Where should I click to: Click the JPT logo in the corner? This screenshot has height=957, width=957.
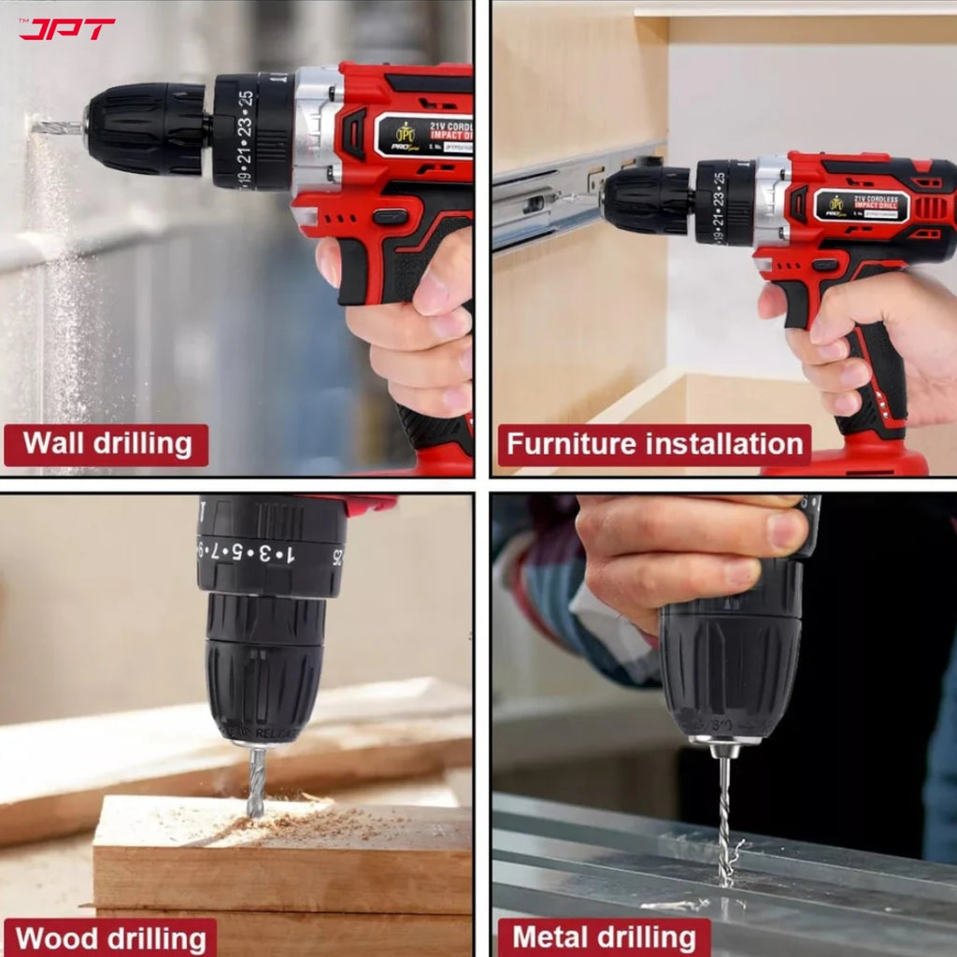point(66,29)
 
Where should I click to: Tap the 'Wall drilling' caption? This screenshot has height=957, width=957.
point(106,444)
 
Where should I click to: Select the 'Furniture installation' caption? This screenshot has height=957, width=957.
point(653,445)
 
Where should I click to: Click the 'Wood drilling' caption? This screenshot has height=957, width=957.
point(110,937)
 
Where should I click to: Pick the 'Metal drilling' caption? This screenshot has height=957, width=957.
point(604,937)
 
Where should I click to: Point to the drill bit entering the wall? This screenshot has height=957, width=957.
point(56,126)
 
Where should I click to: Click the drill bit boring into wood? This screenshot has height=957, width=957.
point(255,781)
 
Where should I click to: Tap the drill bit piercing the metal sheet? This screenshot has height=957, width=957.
point(724,822)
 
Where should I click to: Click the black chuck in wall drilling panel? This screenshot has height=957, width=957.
point(147,128)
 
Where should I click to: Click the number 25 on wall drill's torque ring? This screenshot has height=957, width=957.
point(246,97)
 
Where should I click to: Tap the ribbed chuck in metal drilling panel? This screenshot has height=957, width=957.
point(730,664)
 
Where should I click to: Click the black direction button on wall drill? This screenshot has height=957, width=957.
point(390,217)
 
